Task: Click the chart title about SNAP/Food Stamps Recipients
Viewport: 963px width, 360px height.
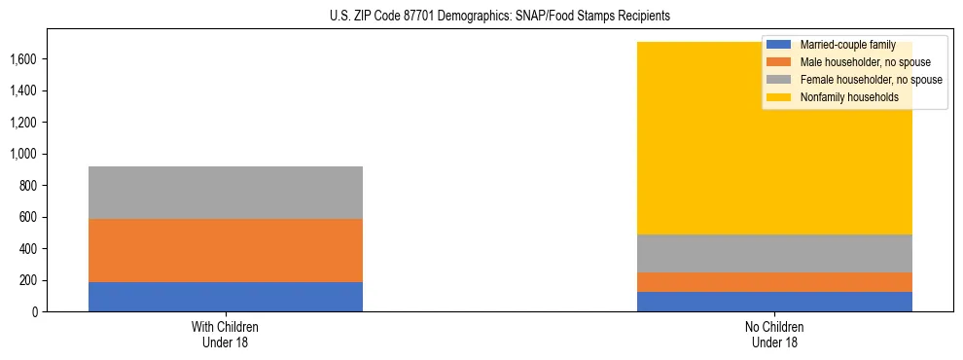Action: pyautogui.click(x=481, y=17)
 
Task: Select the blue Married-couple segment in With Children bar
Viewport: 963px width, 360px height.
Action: pyautogui.click(x=226, y=297)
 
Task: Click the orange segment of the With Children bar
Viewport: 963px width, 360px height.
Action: pyautogui.click(x=226, y=250)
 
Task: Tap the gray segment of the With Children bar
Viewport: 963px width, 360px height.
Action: pyautogui.click(x=226, y=193)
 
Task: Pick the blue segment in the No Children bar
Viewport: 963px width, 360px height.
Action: pyautogui.click(x=774, y=302)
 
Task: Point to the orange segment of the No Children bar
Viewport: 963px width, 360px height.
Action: pyautogui.click(x=774, y=282)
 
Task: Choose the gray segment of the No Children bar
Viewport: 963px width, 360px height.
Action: pyautogui.click(x=774, y=253)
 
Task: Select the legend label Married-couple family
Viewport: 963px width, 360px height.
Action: pyautogui.click(x=847, y=45)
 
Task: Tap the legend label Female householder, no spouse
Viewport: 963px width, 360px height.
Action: pyautogui.click(x=871, y=80)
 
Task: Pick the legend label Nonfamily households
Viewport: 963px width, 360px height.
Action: pyautogui.click(x=842, y=97)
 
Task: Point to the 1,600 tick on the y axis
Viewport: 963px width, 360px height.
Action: pyautogui.click(x=23, y=59)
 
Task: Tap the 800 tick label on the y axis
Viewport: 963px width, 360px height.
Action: pyautogui.click(x=28, y=186)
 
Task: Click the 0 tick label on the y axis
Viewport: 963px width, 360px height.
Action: pyautogui.click(x=35, y=312)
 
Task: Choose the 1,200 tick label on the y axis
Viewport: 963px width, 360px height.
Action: pyautogui.click(x=23, y=123)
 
